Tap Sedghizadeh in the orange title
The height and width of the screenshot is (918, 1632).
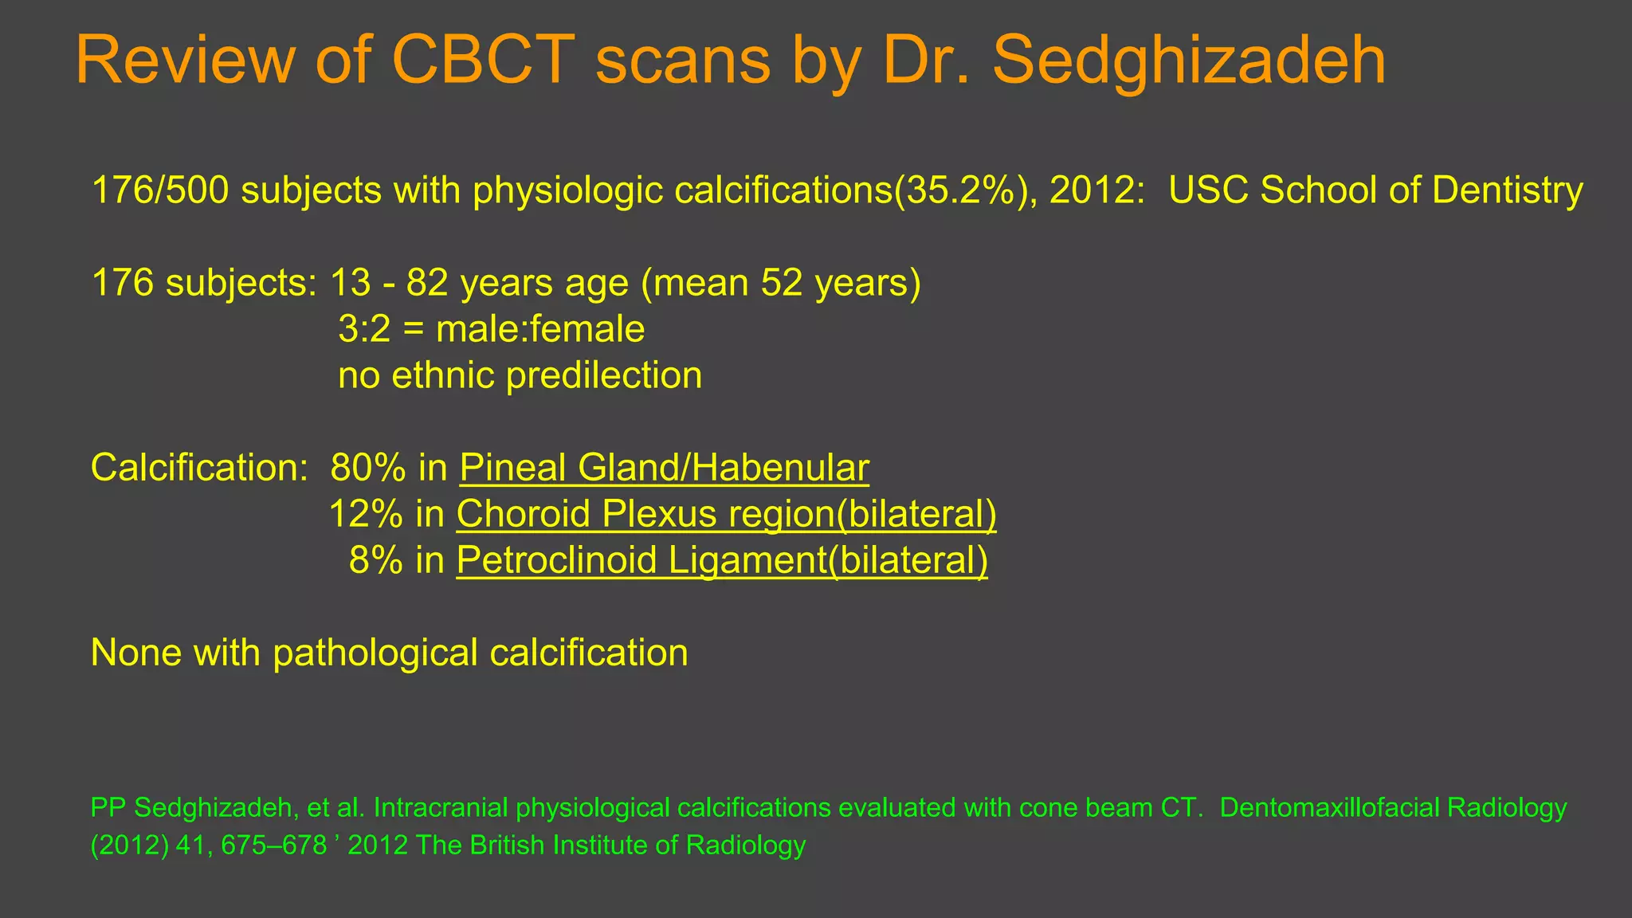tap(1188, 61)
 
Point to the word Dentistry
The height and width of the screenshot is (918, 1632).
tap(1507, 190)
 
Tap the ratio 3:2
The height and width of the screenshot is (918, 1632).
tap(364, 329)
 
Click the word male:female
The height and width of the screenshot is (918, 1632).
tap(540, 329)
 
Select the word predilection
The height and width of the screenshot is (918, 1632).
tap(604, 375)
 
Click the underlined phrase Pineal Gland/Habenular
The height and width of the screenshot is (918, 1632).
tap(664, 468)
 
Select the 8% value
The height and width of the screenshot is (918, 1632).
tap(375, 560)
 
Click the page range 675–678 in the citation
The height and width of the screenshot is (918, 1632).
tap(274, 845)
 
